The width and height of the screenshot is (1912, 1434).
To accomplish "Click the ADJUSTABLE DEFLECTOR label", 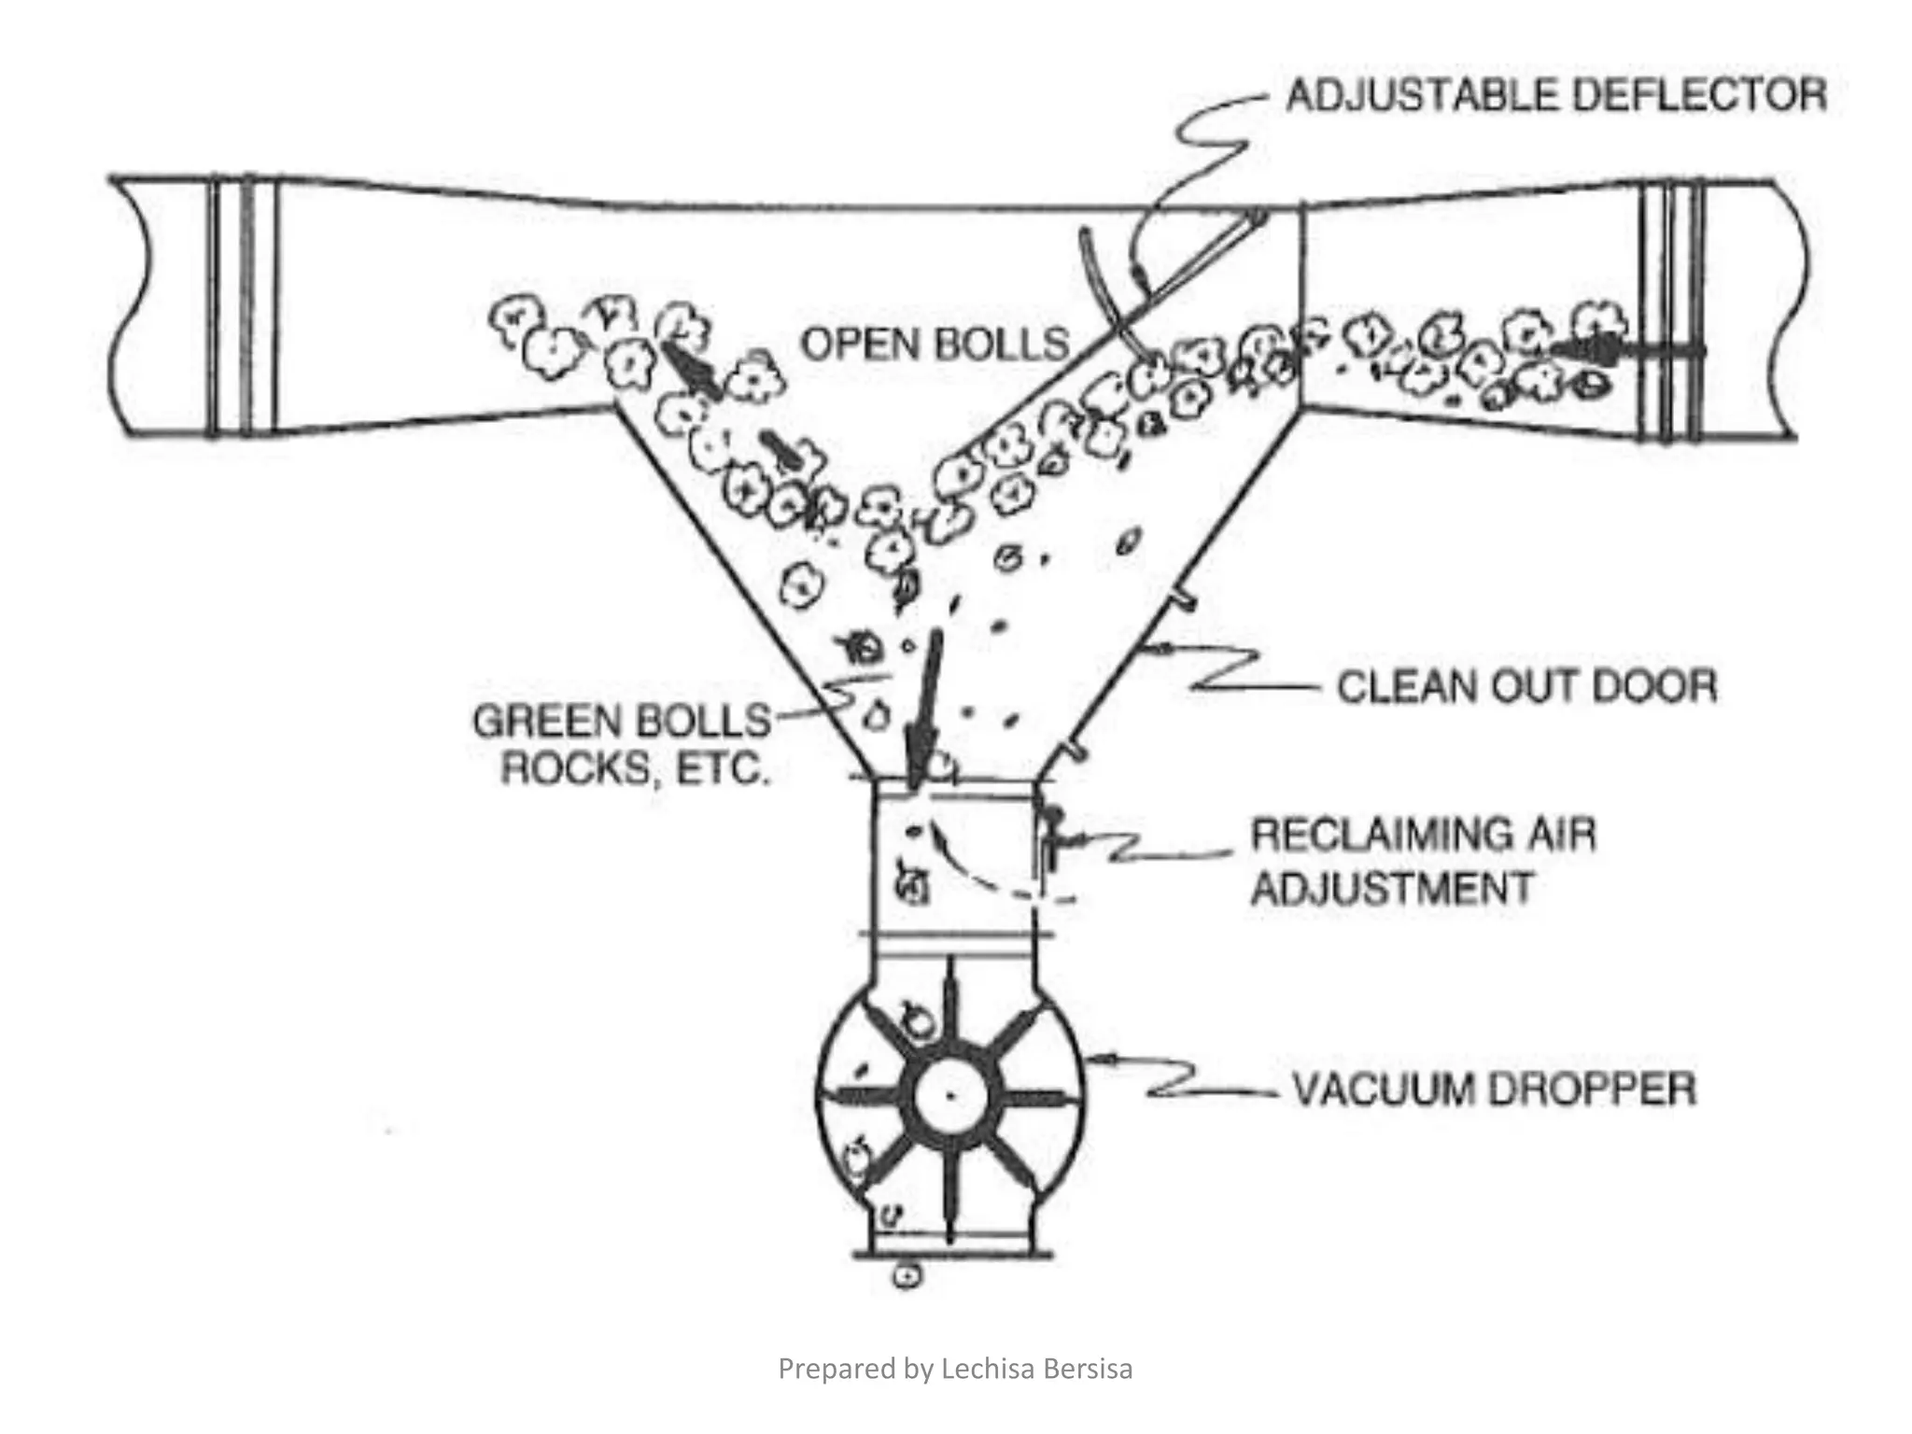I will [1555, 96].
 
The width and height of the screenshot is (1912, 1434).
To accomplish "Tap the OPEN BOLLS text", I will [935, 344].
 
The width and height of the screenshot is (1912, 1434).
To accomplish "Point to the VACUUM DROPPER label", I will [1494, 1090].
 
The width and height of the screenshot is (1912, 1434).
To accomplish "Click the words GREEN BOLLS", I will [622, 722].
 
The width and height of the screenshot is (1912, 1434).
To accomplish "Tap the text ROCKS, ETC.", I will [635, 769].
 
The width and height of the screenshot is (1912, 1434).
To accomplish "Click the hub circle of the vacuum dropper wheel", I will [949, 1094].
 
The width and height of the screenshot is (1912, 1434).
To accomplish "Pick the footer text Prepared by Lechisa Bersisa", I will [955, 1369].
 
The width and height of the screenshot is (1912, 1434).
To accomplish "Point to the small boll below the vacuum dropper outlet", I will [907, 1274].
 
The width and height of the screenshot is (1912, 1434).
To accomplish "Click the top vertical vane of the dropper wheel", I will [949, 1008].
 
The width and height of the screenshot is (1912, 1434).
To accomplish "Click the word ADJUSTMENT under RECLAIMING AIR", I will [1392, 888].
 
